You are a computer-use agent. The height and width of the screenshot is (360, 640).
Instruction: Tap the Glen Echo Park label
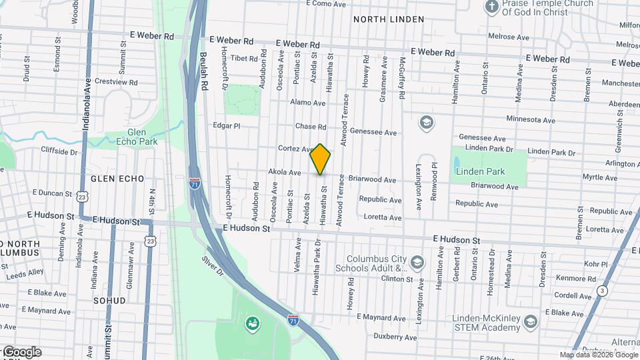pos(136,137)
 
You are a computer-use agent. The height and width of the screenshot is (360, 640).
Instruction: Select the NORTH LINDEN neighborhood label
pos(389,19)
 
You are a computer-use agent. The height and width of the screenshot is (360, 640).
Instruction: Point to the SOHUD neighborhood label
pos(109,301)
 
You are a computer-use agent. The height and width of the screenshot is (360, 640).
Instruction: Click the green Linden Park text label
pos(480,171)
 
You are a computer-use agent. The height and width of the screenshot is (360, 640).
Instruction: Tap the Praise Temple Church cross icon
pos(492,7)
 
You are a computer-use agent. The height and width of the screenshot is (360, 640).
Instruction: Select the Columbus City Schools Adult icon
pos(417,261)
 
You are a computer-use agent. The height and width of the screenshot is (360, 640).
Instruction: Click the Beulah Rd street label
pos(205,71)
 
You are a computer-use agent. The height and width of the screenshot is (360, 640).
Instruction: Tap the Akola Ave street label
pos(285,172)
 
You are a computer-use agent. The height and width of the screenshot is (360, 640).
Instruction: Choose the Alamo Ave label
pos(308,103)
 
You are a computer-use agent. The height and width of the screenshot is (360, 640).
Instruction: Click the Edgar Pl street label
pos(225,125)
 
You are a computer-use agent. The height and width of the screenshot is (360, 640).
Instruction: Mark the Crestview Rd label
pos(116,82)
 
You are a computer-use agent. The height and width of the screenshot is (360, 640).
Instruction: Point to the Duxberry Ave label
pos(395,337)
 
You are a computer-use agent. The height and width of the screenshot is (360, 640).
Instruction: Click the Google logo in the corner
pos(22,352)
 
